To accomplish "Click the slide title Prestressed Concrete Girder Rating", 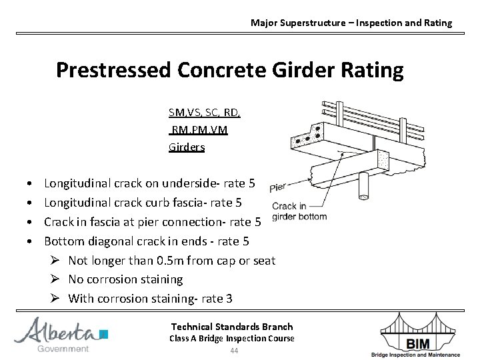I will [229, 70].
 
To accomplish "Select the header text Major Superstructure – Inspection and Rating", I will [351, 23].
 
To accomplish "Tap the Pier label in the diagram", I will [278, 188].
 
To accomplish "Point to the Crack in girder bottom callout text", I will [299, 211].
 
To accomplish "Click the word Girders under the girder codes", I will [187, 147].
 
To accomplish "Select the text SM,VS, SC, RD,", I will [205, 113].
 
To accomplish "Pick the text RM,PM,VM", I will [199, 130].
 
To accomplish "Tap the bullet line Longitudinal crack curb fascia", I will [143, 202].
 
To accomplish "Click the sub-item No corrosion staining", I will [125, 279].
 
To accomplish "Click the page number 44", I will [233, 351].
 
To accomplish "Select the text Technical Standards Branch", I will [232, 327].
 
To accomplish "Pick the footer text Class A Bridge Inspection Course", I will [232, 339].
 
